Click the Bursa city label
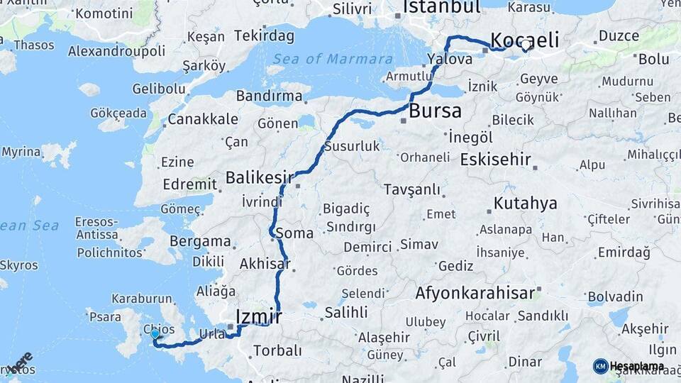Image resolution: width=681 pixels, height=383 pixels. click(x=435, y=111)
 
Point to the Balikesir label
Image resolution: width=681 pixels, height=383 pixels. click(x=259, y=177)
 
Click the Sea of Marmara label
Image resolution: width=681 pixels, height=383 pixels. click(x=333, y=59)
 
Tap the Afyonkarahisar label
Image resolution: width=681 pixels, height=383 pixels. click(x=475, y=292)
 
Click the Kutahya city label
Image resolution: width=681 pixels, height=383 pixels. click(x=525, y=204)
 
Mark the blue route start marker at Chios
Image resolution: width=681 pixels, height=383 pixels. click(x=155, y=333)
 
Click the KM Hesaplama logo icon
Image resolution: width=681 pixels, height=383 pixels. click(x=600, y=366)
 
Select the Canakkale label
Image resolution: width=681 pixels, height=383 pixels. click(x=202, y=118)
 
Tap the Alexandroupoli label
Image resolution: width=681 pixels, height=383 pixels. click(x=117, y=51)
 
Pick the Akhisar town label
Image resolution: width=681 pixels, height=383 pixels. click(x=265, y=264)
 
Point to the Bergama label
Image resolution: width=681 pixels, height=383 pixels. click(x=200, y=241)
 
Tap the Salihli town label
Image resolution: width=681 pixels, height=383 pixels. click(x=346, y=312)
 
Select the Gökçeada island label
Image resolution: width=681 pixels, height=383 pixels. click(x=118, y=113)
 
